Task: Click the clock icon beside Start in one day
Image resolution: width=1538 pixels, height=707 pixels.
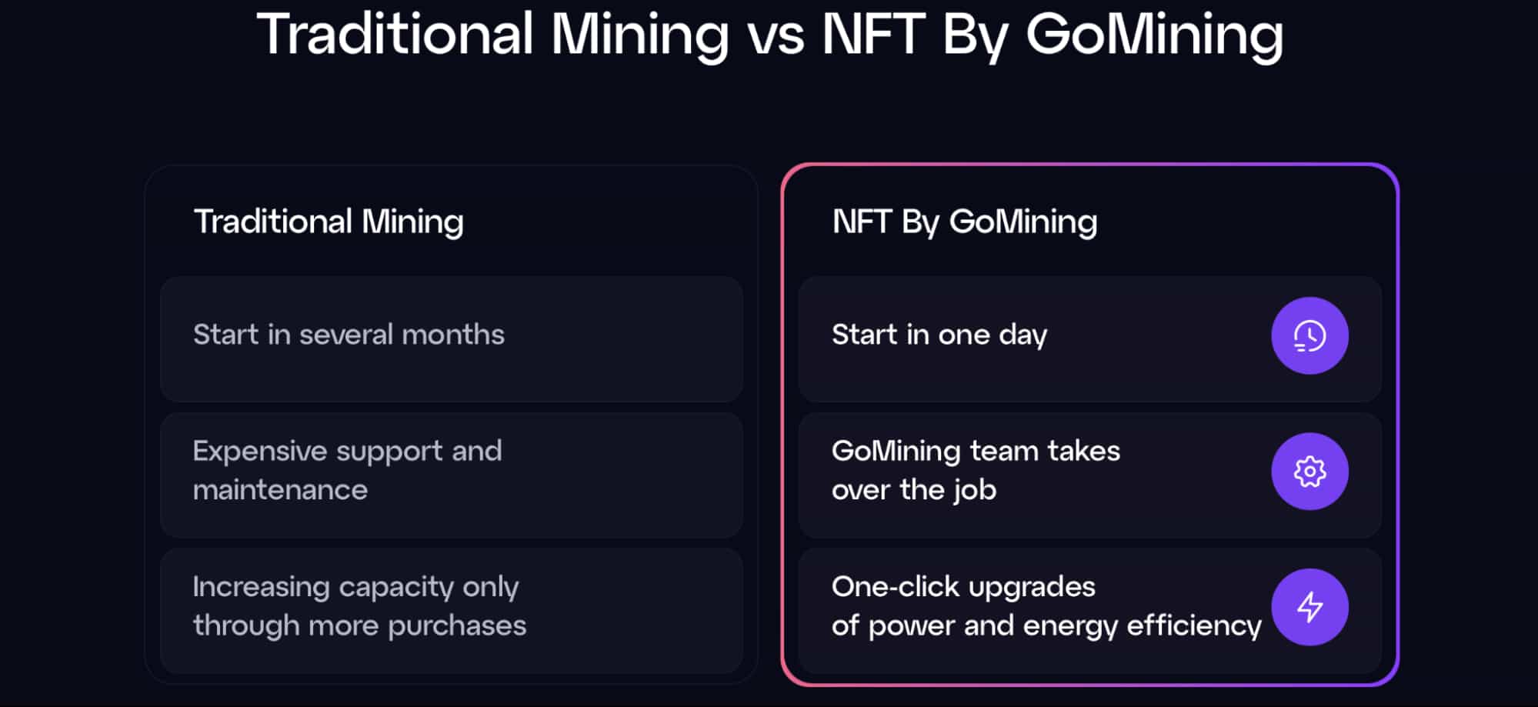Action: point(1309,335)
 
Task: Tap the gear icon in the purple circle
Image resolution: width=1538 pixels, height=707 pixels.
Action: point(1309,472)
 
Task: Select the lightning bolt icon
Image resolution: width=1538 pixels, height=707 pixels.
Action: point(1309,607)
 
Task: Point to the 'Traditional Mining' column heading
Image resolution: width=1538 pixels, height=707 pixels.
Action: point(329,222)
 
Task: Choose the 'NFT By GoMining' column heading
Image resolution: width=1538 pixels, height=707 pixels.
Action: point(965,222)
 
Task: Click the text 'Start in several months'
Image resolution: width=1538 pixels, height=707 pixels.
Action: point(349,335)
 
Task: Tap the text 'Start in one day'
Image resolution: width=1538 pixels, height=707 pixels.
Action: point(939,335)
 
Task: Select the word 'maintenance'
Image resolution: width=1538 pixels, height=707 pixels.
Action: point(280,490)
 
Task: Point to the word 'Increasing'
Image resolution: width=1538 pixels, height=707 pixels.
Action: point(262,588)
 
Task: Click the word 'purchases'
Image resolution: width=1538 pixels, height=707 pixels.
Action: point(457,626)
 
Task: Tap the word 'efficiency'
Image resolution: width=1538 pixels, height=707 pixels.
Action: point(1194,626)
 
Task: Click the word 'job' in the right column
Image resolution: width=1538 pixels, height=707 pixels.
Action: point(975,490)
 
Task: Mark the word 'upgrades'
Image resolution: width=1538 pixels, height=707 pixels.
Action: point(1031,588)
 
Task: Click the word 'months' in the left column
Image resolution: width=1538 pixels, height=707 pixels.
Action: point(453,335)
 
